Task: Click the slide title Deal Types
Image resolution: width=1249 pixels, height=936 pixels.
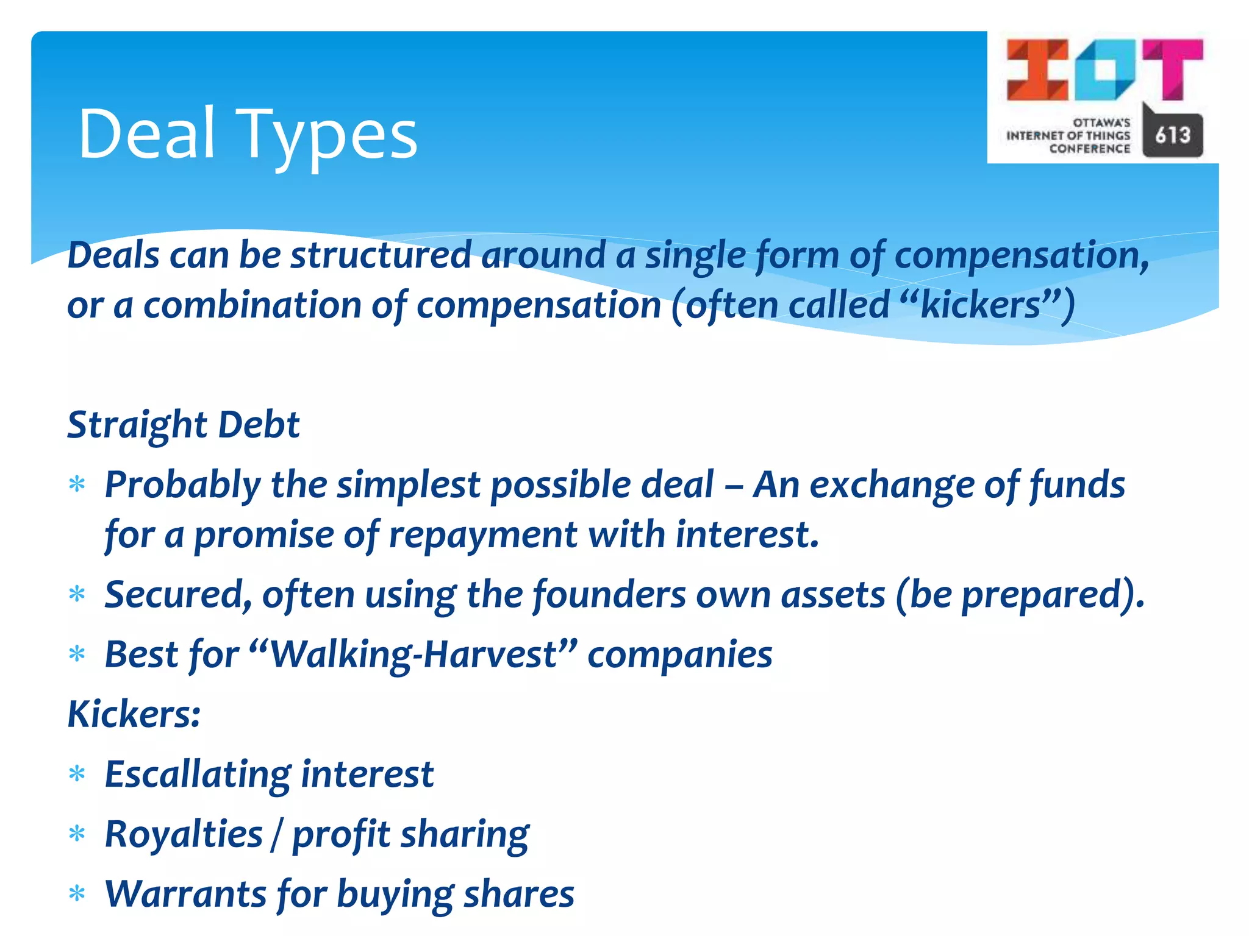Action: (x=248, y=134)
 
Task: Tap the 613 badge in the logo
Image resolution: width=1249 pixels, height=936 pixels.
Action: (x=1172, y=135)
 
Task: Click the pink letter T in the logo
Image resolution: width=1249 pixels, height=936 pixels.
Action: (x=1173, y=68)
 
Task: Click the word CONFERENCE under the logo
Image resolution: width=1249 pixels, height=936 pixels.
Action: (x=1089, y=149)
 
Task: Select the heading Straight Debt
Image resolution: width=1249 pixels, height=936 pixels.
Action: (x=183, y=424)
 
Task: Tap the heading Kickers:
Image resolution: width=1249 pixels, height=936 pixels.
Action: (x=134, y=714)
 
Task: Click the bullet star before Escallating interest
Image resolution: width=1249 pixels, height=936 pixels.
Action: (x=77, y=775)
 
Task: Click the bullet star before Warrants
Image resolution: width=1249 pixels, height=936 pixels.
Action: (x=77, y=895)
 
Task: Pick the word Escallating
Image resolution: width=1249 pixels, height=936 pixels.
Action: (x=198, y=775)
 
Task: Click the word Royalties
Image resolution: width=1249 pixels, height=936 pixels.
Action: (x=183, y=834)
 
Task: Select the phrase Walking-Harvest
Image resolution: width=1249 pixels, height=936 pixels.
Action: (x=414, y=654)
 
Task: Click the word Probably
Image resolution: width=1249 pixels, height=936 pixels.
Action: (x=182, y=485)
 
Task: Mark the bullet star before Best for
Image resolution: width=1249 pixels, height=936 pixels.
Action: (x=77, y=654)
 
